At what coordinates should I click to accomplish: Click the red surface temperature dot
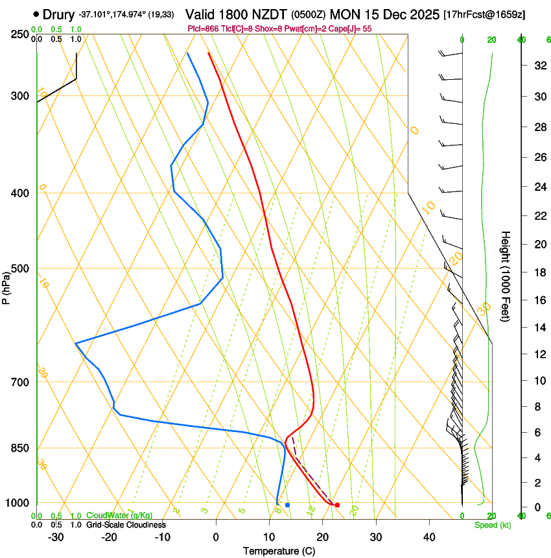point(337,505)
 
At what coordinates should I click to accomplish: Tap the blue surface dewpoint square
point(287,505)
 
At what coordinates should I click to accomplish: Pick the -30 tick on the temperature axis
point(56,537)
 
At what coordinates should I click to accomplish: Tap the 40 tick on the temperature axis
point(429,537)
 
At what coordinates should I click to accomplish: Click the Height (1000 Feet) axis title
point(506,276)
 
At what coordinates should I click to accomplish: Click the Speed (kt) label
point(492,525)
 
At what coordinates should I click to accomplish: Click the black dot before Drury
point(36,14)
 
